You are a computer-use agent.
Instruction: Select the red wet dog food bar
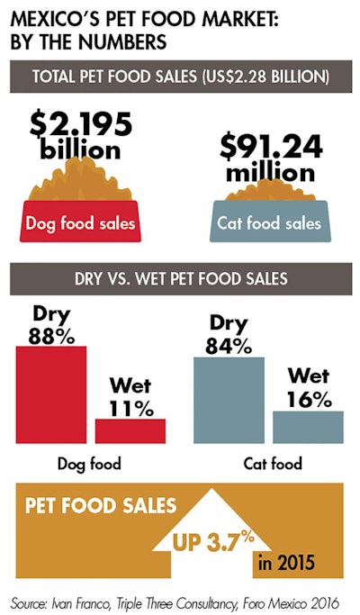pos(130,430)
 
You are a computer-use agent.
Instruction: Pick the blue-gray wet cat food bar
pos(308,426)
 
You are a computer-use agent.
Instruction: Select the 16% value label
pos(309,397)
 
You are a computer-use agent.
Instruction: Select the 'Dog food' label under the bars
pos(91,465)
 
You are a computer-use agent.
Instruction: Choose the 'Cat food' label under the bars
pos(273,465)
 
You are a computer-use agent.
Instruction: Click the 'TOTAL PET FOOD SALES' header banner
pos(180,77)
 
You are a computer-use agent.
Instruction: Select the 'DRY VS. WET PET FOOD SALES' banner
pos(180,279)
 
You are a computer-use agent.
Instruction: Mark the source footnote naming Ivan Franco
pos(180,597)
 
